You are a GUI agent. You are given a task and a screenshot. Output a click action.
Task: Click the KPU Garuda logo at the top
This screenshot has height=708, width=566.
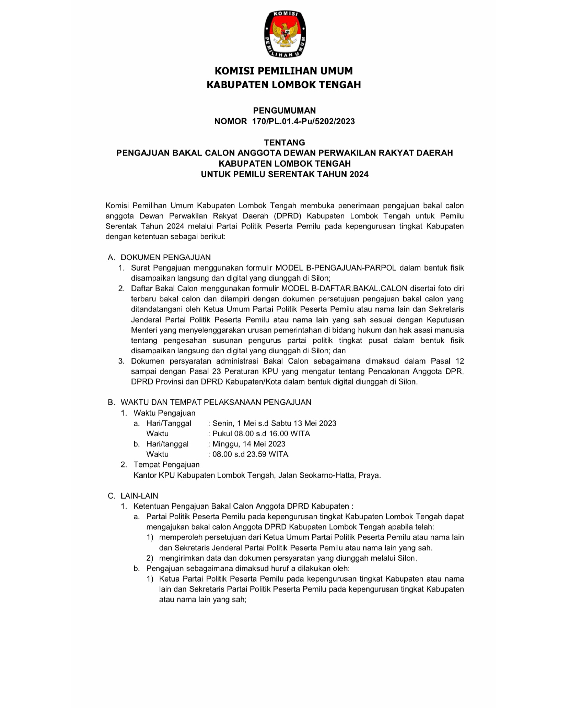[285, 34]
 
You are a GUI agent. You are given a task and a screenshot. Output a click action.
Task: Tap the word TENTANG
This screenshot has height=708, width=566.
[284, 143]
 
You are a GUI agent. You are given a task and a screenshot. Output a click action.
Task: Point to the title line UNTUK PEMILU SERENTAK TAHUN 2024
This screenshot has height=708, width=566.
[284, 174]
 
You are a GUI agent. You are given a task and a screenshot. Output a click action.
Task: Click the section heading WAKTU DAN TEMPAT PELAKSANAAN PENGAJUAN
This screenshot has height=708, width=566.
[216, 402]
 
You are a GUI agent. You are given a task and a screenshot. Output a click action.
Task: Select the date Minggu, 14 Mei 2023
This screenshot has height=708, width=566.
[249, 444]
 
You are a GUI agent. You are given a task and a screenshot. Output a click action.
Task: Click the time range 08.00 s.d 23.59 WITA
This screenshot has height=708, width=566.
[250, 454]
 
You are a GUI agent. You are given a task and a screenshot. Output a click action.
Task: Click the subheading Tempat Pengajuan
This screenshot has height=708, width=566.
[166, 465]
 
